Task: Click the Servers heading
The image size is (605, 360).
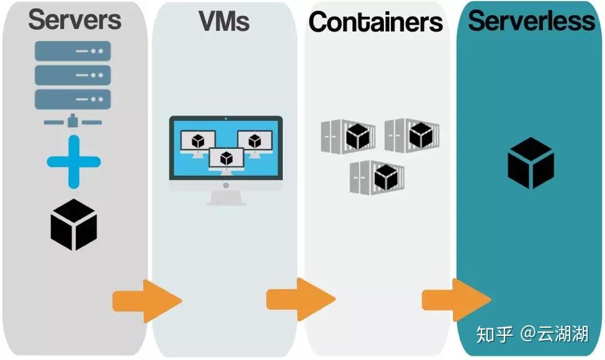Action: (x=74, y=19)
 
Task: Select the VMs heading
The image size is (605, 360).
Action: (x=224, y=21)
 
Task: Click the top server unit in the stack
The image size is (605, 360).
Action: (x=73, y=51)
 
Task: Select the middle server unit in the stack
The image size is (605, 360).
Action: (x=73, y=75)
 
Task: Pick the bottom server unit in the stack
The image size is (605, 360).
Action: (x=73, y=99)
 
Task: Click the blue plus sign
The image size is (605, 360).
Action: (x=73, y=161)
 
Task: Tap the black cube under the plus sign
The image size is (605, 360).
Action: (x=73, y=224)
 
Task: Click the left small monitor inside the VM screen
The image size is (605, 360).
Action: (x=198, y=143)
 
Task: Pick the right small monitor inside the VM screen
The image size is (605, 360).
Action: (x=254, y=143)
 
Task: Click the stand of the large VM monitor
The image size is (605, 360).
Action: (x=226, y=197)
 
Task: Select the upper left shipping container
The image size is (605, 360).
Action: (x=348, y=135)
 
